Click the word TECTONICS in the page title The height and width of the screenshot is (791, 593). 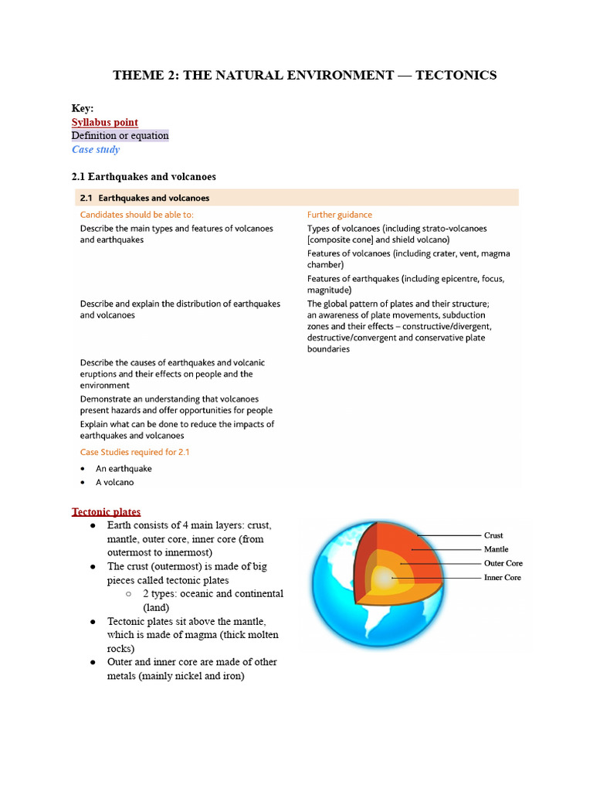(x=456, y=75)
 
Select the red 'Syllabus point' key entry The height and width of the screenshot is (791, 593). (x=105, y=122)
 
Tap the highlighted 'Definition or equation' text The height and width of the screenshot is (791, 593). (x=120, y=136)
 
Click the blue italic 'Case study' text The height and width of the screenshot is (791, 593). (x=96, y=149)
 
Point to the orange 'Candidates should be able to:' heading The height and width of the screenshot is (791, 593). (x=137, y=215)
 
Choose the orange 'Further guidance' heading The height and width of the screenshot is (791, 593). (x=339, y=215)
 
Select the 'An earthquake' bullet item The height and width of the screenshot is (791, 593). (x=124, y=468)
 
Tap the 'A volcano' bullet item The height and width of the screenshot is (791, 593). (x=114, y=482)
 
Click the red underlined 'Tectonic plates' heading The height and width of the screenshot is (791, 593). (x=107, y=511)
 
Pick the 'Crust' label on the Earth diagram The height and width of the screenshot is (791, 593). (x=493, y=535)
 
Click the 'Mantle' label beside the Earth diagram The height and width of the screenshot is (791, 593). (x=496, y=549)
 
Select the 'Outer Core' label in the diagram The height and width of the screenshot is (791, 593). (x=503, y=563)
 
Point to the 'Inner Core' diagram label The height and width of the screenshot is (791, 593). (x=503, y=578)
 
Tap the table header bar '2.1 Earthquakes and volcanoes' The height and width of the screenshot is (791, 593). (x=296, y=198)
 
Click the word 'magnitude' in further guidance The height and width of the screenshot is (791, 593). (x=329, y=290)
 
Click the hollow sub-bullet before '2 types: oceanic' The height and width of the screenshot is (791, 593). (x=128, y=594)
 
